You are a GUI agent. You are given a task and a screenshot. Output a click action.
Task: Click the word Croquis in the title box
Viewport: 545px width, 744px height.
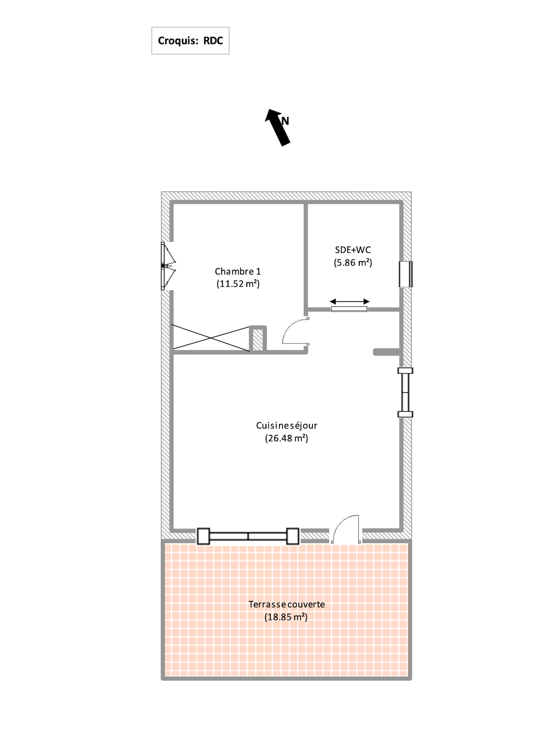tap(178, 41)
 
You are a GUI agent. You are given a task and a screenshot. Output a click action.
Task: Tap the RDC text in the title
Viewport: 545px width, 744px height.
tap(213, 40)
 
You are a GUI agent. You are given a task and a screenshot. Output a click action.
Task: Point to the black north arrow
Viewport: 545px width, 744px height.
tap(278, 127)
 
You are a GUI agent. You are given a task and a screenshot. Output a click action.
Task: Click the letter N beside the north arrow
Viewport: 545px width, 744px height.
tap(285, 121)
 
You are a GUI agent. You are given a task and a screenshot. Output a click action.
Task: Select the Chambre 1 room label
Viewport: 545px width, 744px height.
tap(238, 272)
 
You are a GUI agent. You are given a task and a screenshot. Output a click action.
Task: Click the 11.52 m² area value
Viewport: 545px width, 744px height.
tap(238, 284)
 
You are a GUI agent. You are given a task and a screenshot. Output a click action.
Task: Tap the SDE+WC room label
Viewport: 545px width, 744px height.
tap(353, 250)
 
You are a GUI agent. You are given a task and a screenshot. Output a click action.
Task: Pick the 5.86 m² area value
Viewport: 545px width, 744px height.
tap(353, 262)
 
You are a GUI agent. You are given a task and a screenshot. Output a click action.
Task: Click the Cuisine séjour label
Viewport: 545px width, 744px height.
tap(286, 426)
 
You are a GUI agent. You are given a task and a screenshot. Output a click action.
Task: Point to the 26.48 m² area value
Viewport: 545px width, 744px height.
tap(286, 438)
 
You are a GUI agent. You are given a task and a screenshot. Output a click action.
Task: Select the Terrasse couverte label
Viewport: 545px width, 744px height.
tap(286, 604)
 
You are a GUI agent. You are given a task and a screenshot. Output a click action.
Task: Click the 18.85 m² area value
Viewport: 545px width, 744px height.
tap(286, 617)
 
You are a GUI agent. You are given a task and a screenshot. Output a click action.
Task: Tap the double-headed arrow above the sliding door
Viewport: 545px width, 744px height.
tap(349, 301)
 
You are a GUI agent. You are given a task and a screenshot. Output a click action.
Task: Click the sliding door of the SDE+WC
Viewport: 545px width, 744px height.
tap(349, 309)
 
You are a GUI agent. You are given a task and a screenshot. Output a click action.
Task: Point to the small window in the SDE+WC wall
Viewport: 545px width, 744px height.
tap(406, 274)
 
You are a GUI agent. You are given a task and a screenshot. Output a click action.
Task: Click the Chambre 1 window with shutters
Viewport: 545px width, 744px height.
tap(168, 265)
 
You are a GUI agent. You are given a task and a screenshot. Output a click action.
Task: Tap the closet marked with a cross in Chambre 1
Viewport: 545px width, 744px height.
tap(211, 337)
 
